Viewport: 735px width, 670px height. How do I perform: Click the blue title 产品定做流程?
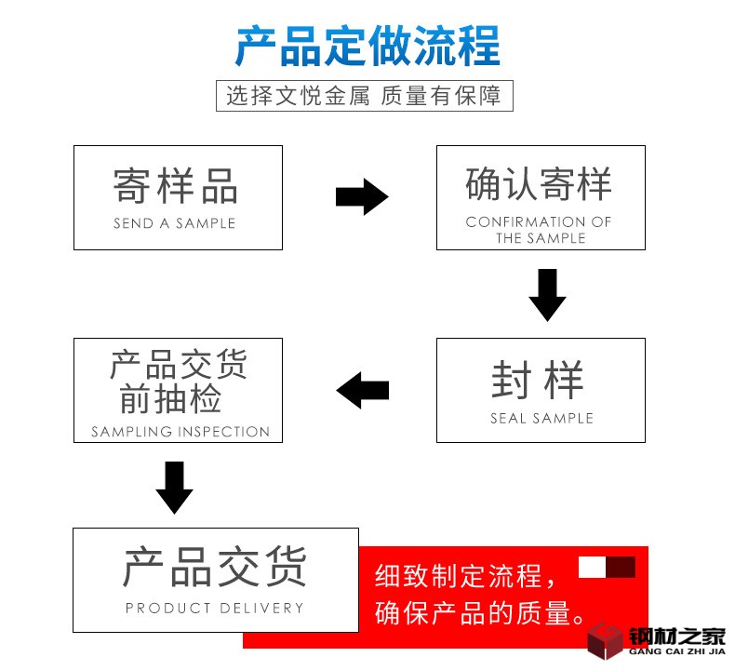click(x=367, y=46)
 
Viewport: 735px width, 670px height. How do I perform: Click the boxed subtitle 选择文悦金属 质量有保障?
click(x=364, y=96)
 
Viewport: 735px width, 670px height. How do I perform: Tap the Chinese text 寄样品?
click(x=177, y=185)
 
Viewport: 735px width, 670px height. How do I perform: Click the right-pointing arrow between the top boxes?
click(x=361, y=196)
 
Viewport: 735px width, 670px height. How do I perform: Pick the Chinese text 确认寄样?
click(x=540, y=183)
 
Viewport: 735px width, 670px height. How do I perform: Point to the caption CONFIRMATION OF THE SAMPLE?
click(x=540, y=230)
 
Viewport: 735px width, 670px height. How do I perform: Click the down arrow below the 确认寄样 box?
click(x=547, y=294)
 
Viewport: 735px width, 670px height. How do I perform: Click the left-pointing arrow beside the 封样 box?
click(x=363, y=390)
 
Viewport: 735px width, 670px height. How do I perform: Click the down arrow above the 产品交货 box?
click(x=174, y=487)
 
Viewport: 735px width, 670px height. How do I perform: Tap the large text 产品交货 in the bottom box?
click(x=215, y=567)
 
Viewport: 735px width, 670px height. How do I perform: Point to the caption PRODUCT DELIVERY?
click(x=215, y=609)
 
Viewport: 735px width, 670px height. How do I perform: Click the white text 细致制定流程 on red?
click(x=458, y=576)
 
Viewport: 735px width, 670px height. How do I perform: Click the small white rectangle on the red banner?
click(x=592, y=567)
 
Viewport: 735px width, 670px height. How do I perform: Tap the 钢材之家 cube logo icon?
click(x=605, y=639)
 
